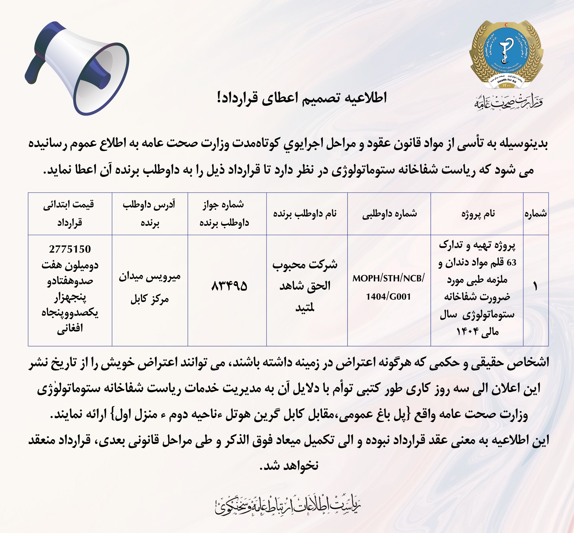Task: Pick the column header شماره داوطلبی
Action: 389,214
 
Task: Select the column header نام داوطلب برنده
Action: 305,214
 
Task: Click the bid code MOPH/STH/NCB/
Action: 388,278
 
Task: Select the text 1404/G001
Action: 388,296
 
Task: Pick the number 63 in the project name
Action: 511,262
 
